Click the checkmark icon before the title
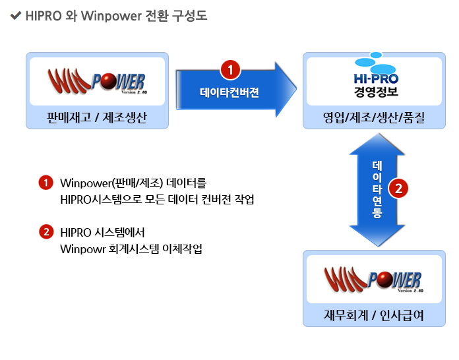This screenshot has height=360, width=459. click(16, 16)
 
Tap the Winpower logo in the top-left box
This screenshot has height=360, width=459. click(97, 82)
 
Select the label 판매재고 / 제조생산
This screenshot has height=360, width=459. click(97, 118)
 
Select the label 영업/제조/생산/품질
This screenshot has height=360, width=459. click(374, 118)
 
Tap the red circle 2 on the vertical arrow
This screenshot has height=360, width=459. click(398, 189)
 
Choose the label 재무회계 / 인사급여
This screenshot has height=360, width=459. click(374, 316)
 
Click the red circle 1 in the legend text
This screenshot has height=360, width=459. click(46, 183)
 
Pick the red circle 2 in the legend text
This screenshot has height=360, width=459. click(46, 232)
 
